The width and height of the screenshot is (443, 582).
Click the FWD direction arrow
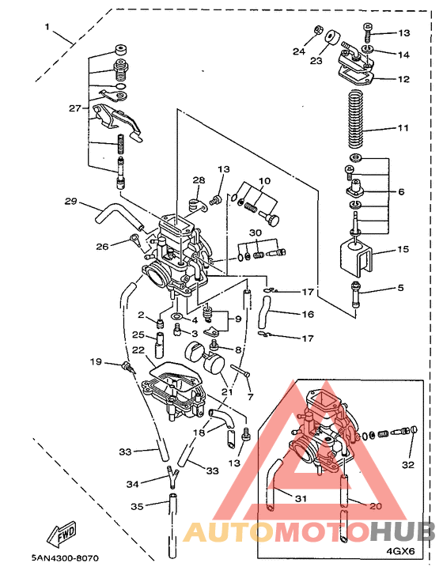[62, 533]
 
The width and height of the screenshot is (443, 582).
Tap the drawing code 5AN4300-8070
[65, 557]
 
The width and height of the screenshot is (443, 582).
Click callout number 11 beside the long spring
[403, 128]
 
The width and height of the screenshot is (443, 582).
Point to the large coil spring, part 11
[356, 119]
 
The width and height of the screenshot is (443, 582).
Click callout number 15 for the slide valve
[403, 249]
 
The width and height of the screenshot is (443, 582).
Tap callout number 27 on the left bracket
[75, 108]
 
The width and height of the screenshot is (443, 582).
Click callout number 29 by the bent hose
[70, 201]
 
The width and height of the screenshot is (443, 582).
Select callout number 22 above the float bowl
[139, 350]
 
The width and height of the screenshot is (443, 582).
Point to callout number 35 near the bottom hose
[137, 506]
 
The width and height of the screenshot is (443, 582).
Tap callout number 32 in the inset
[408, 465]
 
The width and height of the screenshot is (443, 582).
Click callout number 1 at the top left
[47, 27]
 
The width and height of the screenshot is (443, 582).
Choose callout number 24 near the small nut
[299, 51]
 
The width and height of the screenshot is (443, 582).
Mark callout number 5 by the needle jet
[400, 288]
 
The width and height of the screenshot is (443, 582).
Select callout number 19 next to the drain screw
[96, 361]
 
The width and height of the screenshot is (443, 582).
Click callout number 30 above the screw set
[255, 233]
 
